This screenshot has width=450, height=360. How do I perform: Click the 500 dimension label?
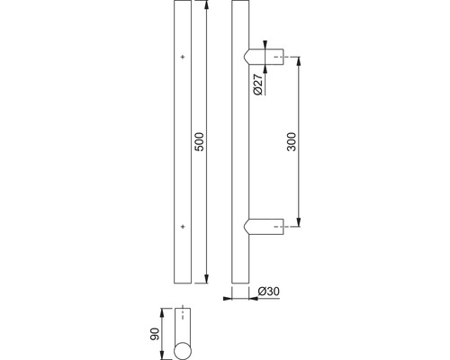(200, 141)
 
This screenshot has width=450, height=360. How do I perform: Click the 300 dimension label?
(292, 141)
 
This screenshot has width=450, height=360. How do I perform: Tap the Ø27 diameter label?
(258, 85)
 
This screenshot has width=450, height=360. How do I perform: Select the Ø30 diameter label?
(269, 292)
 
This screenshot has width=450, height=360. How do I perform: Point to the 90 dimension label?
(155, 334)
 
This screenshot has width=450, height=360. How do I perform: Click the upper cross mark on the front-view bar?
(183, 57)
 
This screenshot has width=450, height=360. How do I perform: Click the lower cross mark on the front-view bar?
(183, 227)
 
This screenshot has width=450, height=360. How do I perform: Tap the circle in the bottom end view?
(183, 350)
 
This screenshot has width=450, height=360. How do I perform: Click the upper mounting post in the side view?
(264, 57)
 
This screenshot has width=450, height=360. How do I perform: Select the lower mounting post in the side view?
(264, 227)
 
